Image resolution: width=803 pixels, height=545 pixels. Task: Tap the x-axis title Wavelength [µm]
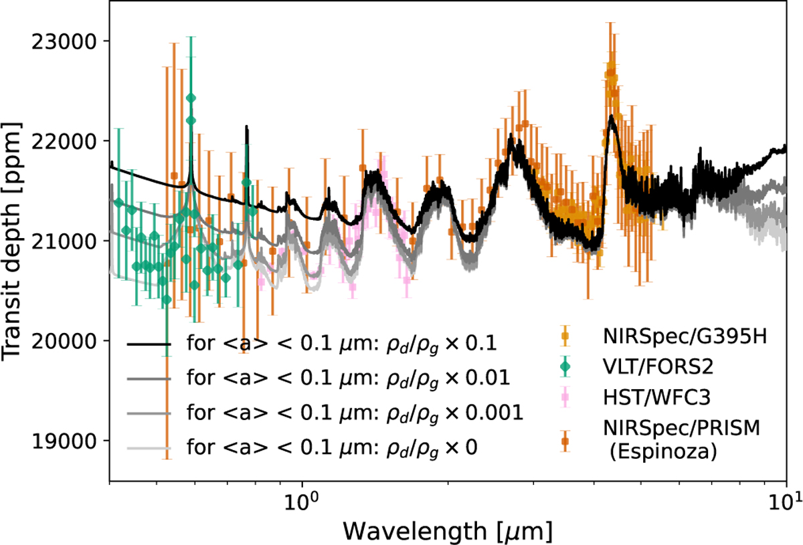447,531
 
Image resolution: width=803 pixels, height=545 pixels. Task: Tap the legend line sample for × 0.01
149,379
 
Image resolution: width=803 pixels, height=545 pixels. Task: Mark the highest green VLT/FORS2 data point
191,98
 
